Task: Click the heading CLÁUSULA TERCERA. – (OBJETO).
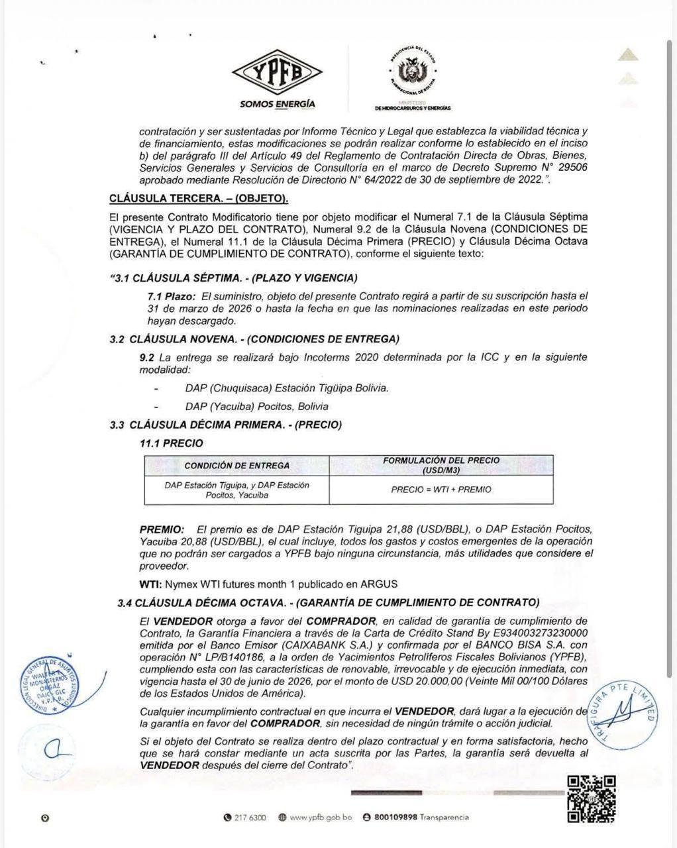tap(198, 198)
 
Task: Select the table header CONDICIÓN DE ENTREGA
tap(236, 465)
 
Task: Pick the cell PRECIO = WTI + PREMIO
tap(441, 490)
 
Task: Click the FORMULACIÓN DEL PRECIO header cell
tap(441, 465)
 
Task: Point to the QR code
tap(591, 800)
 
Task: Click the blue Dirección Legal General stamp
tap(50, 686)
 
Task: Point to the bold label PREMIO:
tap(162, 529)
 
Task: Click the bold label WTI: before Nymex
tap(150, 584)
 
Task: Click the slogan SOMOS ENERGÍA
tap(278, 104)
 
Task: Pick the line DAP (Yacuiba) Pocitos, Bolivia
tap(256, 406)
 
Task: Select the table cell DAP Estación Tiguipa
tap(236, 490)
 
